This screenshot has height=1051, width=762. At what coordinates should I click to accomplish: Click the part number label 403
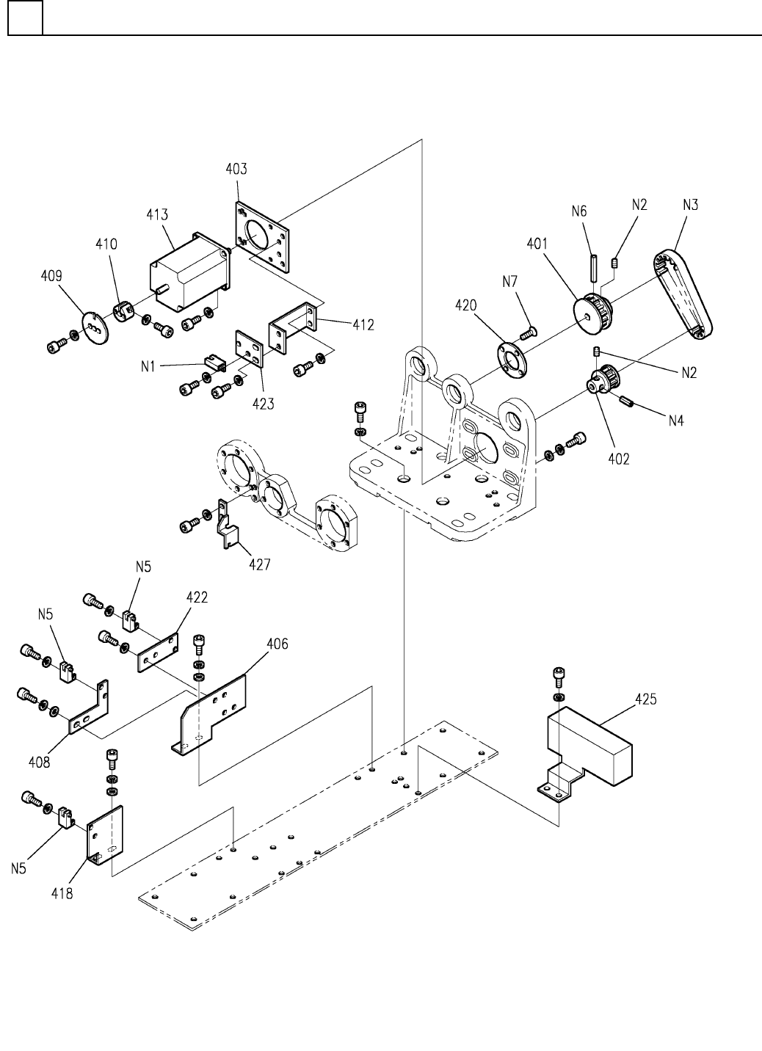coord(236,169)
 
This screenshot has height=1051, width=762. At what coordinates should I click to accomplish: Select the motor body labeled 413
coord(190,272)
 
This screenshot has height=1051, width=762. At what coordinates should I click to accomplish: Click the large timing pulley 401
coord(591,313)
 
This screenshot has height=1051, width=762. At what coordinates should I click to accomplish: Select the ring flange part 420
coord(512,360)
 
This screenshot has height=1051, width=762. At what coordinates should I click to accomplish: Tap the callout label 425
coord(645,699)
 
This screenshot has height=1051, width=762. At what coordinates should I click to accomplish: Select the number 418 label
coord(62,893)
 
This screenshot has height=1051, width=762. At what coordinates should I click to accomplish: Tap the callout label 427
coord(260,564)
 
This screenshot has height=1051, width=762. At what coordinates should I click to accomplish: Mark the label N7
coord(509,282)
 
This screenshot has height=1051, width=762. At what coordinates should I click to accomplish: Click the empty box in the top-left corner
coord(26,18)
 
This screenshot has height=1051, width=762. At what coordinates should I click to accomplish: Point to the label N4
coord(676,421)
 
